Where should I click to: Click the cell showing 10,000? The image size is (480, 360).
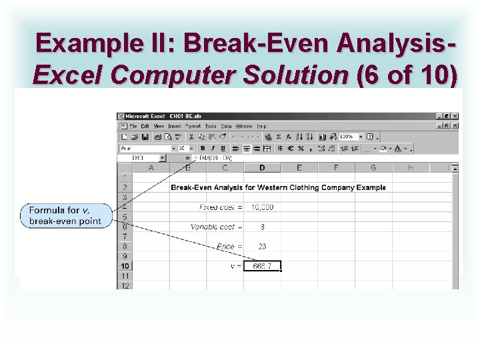262,207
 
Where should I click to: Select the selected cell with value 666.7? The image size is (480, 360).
262,266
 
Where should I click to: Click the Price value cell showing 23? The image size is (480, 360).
262,247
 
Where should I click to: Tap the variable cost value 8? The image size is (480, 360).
262,227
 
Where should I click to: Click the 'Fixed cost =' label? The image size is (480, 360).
221,207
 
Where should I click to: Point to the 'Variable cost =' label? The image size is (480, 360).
217,227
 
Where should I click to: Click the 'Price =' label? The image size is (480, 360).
229,247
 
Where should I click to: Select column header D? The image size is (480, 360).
262,168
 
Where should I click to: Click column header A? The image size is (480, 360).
151,168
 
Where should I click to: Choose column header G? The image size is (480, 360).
373,168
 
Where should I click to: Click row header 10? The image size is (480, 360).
125,266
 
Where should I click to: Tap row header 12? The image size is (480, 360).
125,285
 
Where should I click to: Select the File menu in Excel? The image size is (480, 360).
133,126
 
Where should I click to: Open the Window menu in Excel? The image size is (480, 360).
243,126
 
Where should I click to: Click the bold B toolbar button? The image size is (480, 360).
202,148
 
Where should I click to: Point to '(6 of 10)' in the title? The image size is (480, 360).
408,75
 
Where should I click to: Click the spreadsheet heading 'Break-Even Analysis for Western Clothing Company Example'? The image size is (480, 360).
278,187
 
